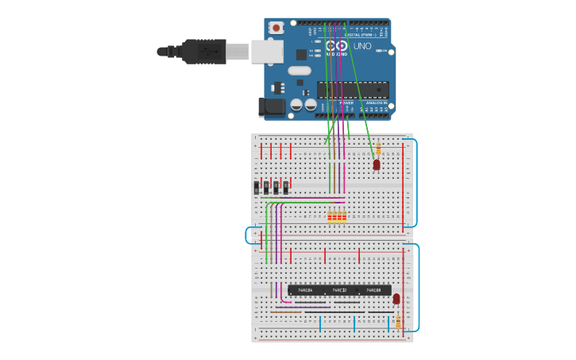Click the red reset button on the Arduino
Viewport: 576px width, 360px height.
click(276, 28)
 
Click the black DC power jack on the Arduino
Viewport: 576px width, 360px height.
click(273, 106)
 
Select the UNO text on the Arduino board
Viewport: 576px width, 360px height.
click(362, 46)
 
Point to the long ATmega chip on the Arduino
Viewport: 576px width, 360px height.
click(353, 89)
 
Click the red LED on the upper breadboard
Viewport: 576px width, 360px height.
click(377, 165)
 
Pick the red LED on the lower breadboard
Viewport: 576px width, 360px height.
click(396, 299)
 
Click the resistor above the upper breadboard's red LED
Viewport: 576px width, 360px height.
click(378, 149)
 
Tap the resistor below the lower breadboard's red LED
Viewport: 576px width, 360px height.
click(398, 320)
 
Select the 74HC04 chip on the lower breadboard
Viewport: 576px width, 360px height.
click(305, 291)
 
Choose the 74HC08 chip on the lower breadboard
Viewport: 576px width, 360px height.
click(373, 291)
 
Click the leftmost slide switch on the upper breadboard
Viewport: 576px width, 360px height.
click(257, 188)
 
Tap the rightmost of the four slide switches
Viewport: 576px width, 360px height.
click(285, 188)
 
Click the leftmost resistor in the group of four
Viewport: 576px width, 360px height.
click(330, 216)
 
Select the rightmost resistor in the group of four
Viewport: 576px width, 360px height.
click(344, 216)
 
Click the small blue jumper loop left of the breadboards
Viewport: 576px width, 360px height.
click(249, 235)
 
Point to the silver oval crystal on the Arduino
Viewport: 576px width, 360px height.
click(300, 71)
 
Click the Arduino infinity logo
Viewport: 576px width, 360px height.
click(337, 46)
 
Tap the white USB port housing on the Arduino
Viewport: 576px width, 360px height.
click(267, 52)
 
